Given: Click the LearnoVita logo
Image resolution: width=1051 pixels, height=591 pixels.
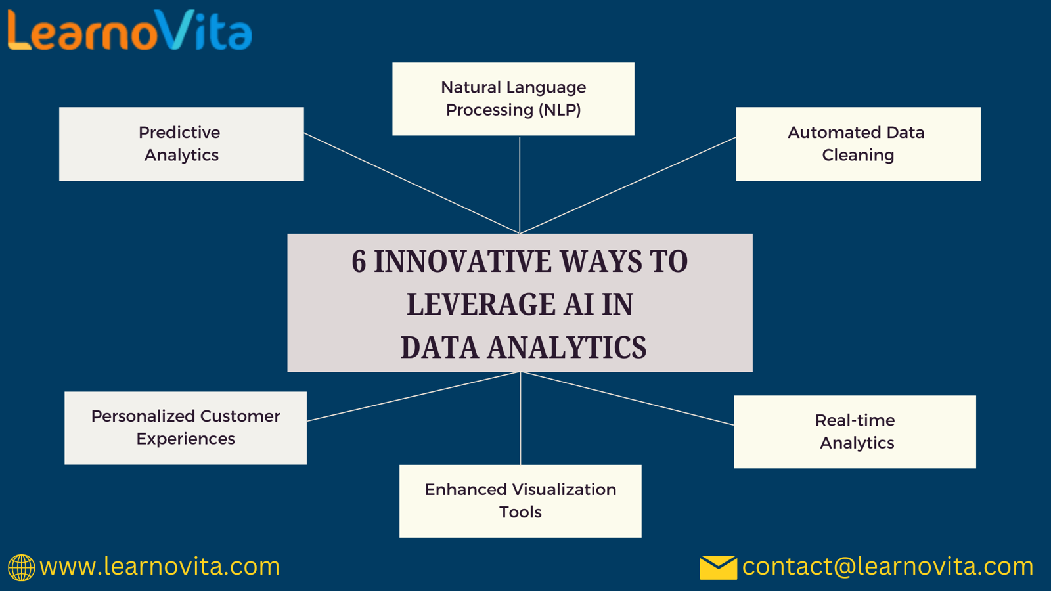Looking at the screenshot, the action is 130,30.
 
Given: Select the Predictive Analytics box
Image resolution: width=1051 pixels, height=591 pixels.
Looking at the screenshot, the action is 181,144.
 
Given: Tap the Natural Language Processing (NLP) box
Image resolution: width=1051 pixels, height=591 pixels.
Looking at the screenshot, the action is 513,99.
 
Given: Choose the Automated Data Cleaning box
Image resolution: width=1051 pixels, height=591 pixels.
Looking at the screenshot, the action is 858,144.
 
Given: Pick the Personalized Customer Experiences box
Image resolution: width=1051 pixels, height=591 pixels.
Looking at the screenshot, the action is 186,427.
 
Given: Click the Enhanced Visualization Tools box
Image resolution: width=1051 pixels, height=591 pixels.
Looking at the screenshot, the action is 520,501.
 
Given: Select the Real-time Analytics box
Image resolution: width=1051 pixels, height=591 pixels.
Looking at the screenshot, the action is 855,431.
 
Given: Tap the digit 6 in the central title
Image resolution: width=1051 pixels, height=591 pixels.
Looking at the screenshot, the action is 359,261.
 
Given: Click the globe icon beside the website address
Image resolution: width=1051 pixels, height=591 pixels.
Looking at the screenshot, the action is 21,567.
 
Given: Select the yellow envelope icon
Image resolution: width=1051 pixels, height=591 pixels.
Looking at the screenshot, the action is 719,567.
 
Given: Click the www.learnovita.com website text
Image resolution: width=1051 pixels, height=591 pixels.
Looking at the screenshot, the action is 160,567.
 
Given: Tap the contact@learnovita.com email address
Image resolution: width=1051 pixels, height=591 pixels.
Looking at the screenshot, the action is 887,567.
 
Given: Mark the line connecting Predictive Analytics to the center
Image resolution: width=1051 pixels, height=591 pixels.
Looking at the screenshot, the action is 412,183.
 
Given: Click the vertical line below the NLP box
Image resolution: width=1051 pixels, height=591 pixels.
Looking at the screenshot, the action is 520,185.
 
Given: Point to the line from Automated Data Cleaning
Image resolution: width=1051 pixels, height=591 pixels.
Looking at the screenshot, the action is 628,185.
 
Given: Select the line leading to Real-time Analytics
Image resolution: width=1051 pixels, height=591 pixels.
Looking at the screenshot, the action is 627,398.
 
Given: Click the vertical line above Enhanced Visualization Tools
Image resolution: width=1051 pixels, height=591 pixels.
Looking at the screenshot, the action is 520,418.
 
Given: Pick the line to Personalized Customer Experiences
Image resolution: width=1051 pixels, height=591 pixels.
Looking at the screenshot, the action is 413,397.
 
